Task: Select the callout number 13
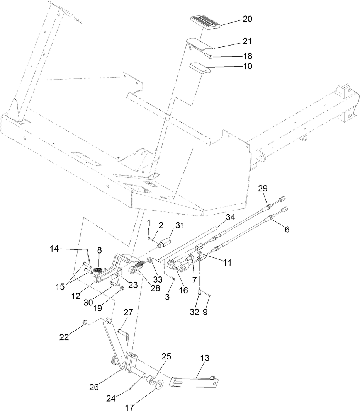pos(205,358)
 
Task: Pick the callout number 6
pos(287,229)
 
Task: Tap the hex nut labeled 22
pos(84,322)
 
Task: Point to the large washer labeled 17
pos(158,384)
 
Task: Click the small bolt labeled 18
pos(211,57)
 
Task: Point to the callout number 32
pos(194,312)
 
